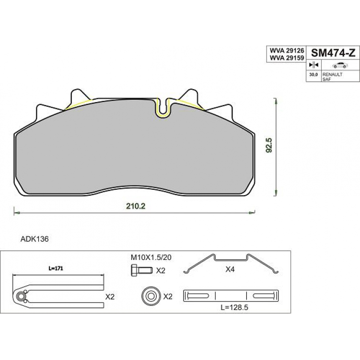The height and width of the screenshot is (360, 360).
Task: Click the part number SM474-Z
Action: click(x=333, y=54)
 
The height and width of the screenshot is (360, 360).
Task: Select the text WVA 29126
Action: click(x=287, y=50)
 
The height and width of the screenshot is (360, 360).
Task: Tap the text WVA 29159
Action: click(x=287, y=58)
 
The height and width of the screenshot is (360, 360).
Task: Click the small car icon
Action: click(x=340, y=65)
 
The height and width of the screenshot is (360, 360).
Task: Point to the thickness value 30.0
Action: click(x=314, y=75)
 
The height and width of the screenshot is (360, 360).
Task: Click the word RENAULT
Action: click(x=333, y=74)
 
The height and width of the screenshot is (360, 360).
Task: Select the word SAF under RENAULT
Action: click(x=326, y=79)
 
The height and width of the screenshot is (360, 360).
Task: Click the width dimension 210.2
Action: click(x=136, y=206)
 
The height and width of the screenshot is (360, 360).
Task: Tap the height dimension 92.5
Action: click(x=268, y=145)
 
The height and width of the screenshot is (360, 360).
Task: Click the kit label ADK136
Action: click(x=35, y=239)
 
